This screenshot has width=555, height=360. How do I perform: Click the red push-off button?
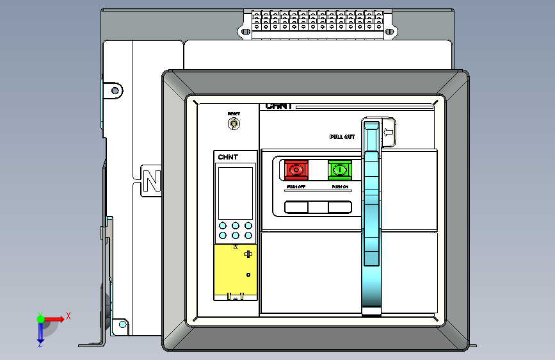296,170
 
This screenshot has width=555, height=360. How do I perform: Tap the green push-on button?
340,170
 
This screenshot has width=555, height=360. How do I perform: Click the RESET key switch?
234,123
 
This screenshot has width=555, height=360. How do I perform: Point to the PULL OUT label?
342,137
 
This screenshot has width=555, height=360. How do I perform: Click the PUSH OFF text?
296,186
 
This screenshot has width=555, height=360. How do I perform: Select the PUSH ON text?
340,186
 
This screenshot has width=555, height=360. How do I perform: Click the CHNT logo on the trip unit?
228,158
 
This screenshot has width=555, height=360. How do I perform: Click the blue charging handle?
371,218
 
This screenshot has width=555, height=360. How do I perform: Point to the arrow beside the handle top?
388,133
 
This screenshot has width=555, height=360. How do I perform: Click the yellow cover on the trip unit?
235,269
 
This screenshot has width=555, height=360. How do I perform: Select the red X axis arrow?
61,317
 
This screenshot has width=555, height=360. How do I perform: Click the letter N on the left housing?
152,181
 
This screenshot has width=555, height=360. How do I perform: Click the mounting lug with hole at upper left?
114,90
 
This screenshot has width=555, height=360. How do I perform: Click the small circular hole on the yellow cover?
248,274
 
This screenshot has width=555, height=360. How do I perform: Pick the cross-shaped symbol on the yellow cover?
248,254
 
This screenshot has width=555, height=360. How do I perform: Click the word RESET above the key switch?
234,113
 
